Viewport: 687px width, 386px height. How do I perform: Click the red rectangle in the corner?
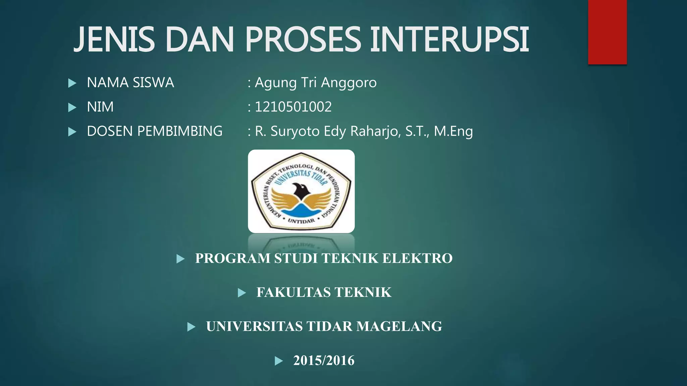tap(607, 32)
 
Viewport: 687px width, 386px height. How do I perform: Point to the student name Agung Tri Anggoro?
tap(316, 83)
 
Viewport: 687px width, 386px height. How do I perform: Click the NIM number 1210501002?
tap(293, 107)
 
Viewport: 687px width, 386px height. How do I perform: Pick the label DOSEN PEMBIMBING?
tap(155, 131)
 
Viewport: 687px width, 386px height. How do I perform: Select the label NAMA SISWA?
tap(130, 83)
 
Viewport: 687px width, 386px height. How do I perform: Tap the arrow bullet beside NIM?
tap(72, 107)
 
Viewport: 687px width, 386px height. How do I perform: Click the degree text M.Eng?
tap(453, 131)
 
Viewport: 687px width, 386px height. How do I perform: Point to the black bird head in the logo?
tap(301, 191)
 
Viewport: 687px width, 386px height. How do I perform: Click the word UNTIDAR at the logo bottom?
tap(301, 221)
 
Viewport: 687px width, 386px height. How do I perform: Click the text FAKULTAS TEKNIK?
tap(324, 293)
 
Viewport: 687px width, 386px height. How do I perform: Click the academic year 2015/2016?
tap(324, 361)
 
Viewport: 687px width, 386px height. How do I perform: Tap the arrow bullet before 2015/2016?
tap(279, 361)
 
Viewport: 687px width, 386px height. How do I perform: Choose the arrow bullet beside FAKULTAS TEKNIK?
tap(242, 293)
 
